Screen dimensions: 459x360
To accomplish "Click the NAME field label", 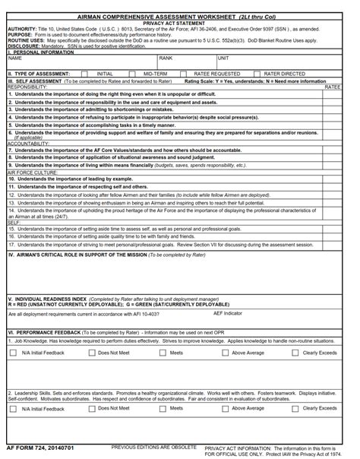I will click(15, 58).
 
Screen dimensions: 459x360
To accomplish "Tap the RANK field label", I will click(166, 58).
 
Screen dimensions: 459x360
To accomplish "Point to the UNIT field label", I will click(223, 58).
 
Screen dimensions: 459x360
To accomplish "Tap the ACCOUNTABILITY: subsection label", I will click(29, 143).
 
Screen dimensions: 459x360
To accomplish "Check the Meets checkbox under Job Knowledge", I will click(162, 353).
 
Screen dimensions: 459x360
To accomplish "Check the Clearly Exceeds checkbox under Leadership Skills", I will click(295, 408).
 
